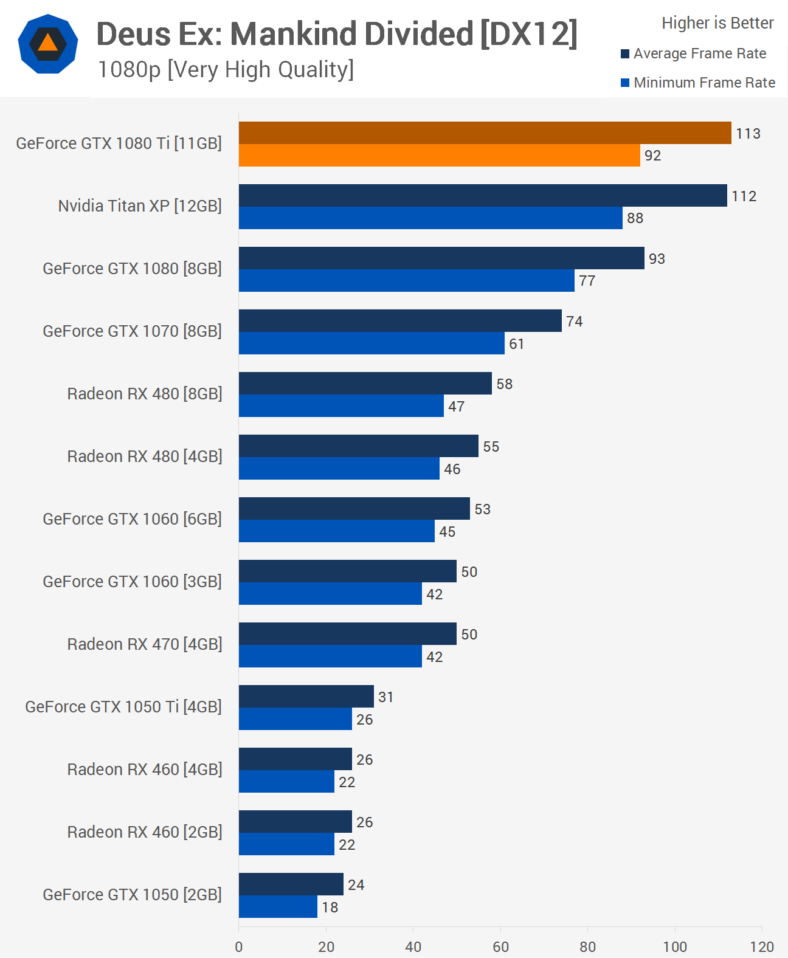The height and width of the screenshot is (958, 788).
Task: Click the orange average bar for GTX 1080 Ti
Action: click(485, 133)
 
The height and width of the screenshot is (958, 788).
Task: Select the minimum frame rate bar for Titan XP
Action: click(430, 218)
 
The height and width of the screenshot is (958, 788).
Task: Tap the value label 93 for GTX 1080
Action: click(657, 259)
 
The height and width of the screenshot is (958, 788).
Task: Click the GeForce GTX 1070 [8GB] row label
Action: click(132, 331)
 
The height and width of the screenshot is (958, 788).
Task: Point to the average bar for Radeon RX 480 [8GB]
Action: click(365, 384)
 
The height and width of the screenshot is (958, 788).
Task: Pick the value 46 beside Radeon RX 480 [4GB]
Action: click(452, 469)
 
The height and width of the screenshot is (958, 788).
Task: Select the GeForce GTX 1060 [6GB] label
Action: click(132, 519)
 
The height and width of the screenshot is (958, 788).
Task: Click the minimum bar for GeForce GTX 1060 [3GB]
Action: click(330, 594)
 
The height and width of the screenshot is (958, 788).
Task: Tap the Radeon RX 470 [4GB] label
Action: click(144, 644)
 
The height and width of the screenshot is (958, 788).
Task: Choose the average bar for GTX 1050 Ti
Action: click(306, 697)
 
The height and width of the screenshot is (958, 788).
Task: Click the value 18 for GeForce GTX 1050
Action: click(330, 908)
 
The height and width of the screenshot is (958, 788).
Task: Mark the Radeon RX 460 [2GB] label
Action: click(144, 832)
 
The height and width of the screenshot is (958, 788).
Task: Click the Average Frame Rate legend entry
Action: click(693, 53)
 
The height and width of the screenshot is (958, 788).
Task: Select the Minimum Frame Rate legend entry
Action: click(697, 83)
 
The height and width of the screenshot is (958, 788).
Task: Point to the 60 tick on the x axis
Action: click(500, 946)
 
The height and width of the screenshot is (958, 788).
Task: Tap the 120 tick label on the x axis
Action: click(761, 946)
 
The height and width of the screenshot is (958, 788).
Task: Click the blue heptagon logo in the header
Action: click(48, 44)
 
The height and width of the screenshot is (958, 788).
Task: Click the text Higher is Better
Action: click(717, 23)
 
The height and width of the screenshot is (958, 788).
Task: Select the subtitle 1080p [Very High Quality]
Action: click(226, 70)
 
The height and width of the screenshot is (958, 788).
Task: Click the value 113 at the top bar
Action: click(748, 134)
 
